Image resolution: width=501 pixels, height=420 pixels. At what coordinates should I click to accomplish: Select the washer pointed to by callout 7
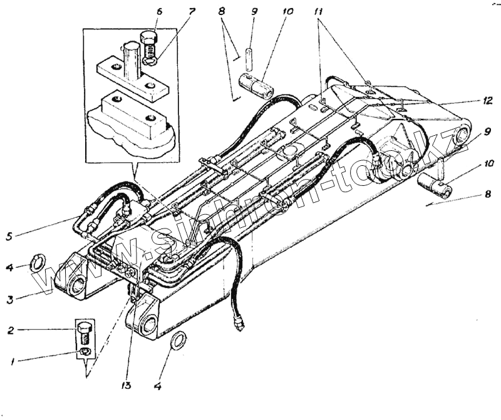click(149, 61)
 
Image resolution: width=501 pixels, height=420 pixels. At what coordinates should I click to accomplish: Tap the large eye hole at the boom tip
click(464, 135)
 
